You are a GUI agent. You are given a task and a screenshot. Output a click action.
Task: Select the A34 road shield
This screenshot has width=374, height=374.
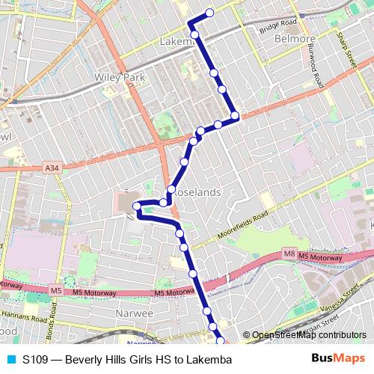coord(52,168)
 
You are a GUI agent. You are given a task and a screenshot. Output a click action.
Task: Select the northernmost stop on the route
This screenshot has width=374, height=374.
coord(209,12)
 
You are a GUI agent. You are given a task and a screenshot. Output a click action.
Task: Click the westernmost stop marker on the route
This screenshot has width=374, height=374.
coord(137,206)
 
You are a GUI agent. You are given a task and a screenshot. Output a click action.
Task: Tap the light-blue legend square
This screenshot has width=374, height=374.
coord(10,360)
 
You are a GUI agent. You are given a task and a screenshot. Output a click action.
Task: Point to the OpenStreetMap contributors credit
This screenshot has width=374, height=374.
coord(309,335)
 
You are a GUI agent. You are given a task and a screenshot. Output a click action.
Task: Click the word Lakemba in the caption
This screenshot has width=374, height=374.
coord(209,360)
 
